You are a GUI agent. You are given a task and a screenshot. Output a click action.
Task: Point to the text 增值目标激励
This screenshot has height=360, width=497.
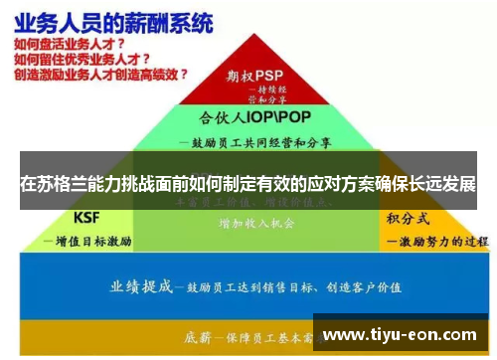tap(89, 241)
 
